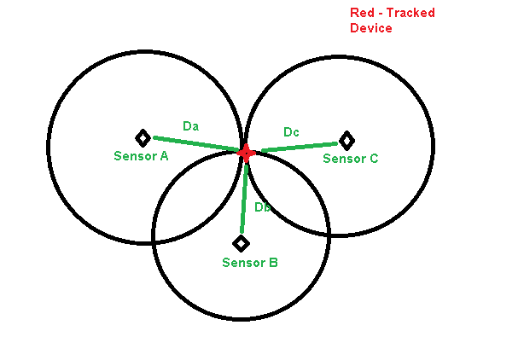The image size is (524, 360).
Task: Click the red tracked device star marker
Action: tap(246, 153)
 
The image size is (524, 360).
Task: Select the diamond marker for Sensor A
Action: tap(143, 137)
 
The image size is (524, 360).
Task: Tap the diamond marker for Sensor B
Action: tap(242, 243)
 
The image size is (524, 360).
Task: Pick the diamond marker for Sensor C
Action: tap(346, 140)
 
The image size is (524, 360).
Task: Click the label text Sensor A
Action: tap(141, 156)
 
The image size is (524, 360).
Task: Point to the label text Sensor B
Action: tap(249, 263)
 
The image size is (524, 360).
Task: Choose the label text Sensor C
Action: tap(350, 159)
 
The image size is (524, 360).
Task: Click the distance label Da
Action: tap(191, 126)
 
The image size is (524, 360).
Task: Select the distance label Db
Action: tap(263, 207)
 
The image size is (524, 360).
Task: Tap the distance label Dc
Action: tap(292, 132)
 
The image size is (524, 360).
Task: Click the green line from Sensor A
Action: tap(196, 144)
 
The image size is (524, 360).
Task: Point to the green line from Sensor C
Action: tap(299, 147)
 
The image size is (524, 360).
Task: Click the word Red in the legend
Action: tap(362, 12)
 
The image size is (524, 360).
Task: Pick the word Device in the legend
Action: tap(371, 28)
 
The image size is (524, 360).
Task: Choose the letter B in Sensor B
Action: tap(272, 263)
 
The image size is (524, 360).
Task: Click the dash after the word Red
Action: tap(380, 13)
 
